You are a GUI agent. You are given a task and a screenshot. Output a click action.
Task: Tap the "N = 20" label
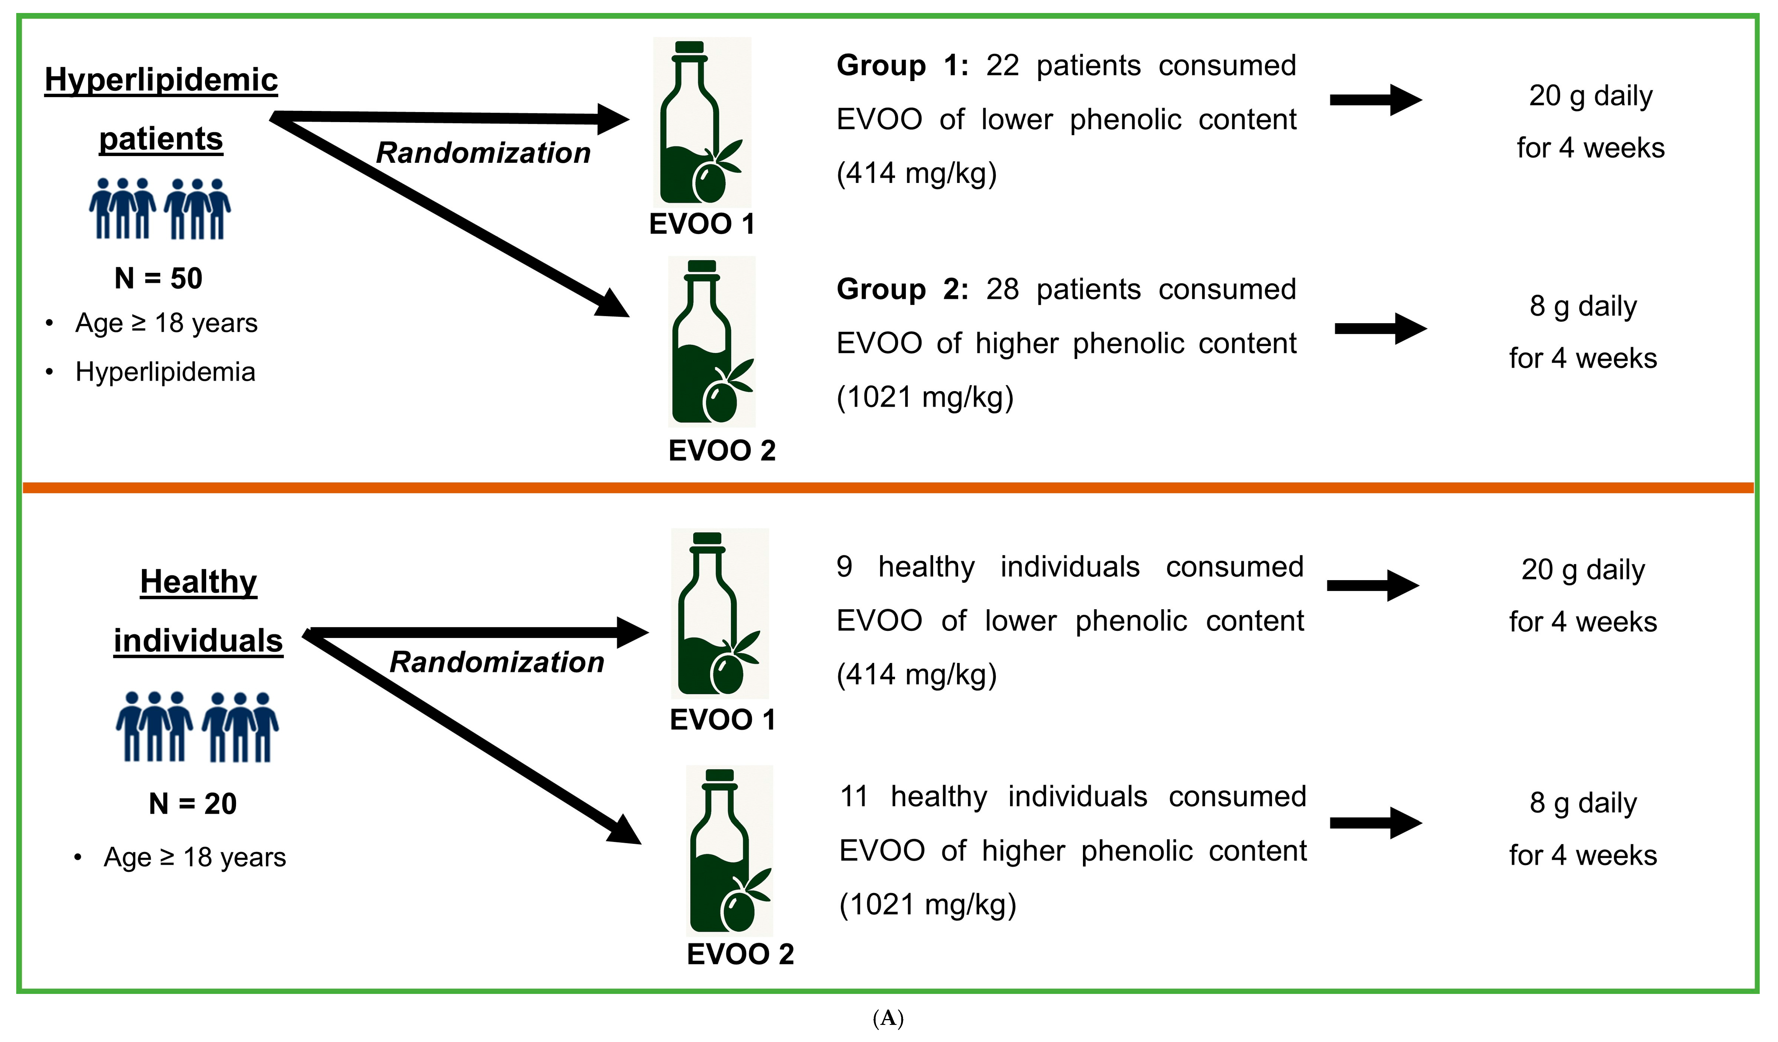(x=193, y=804)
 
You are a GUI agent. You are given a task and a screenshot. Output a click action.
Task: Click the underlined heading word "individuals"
(x=198, y=641)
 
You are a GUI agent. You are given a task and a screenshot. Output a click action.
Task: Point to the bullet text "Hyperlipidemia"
(x=165, y=372)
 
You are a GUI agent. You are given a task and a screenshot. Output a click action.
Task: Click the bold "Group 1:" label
(x=902, y=65)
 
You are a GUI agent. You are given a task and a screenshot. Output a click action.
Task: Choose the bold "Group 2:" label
(x=902, y=289)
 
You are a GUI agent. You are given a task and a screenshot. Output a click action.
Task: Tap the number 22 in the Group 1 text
(x=1002, y=65)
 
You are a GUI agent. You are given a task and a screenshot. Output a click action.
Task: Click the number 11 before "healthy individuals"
(x=854, y=797)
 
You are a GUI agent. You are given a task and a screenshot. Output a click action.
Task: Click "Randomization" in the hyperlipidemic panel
(x=483, y=152)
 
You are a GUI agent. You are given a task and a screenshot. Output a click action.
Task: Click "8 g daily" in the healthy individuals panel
(x=1583, y=803)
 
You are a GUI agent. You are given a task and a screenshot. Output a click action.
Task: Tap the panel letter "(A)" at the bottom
(x=888, y=1018)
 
